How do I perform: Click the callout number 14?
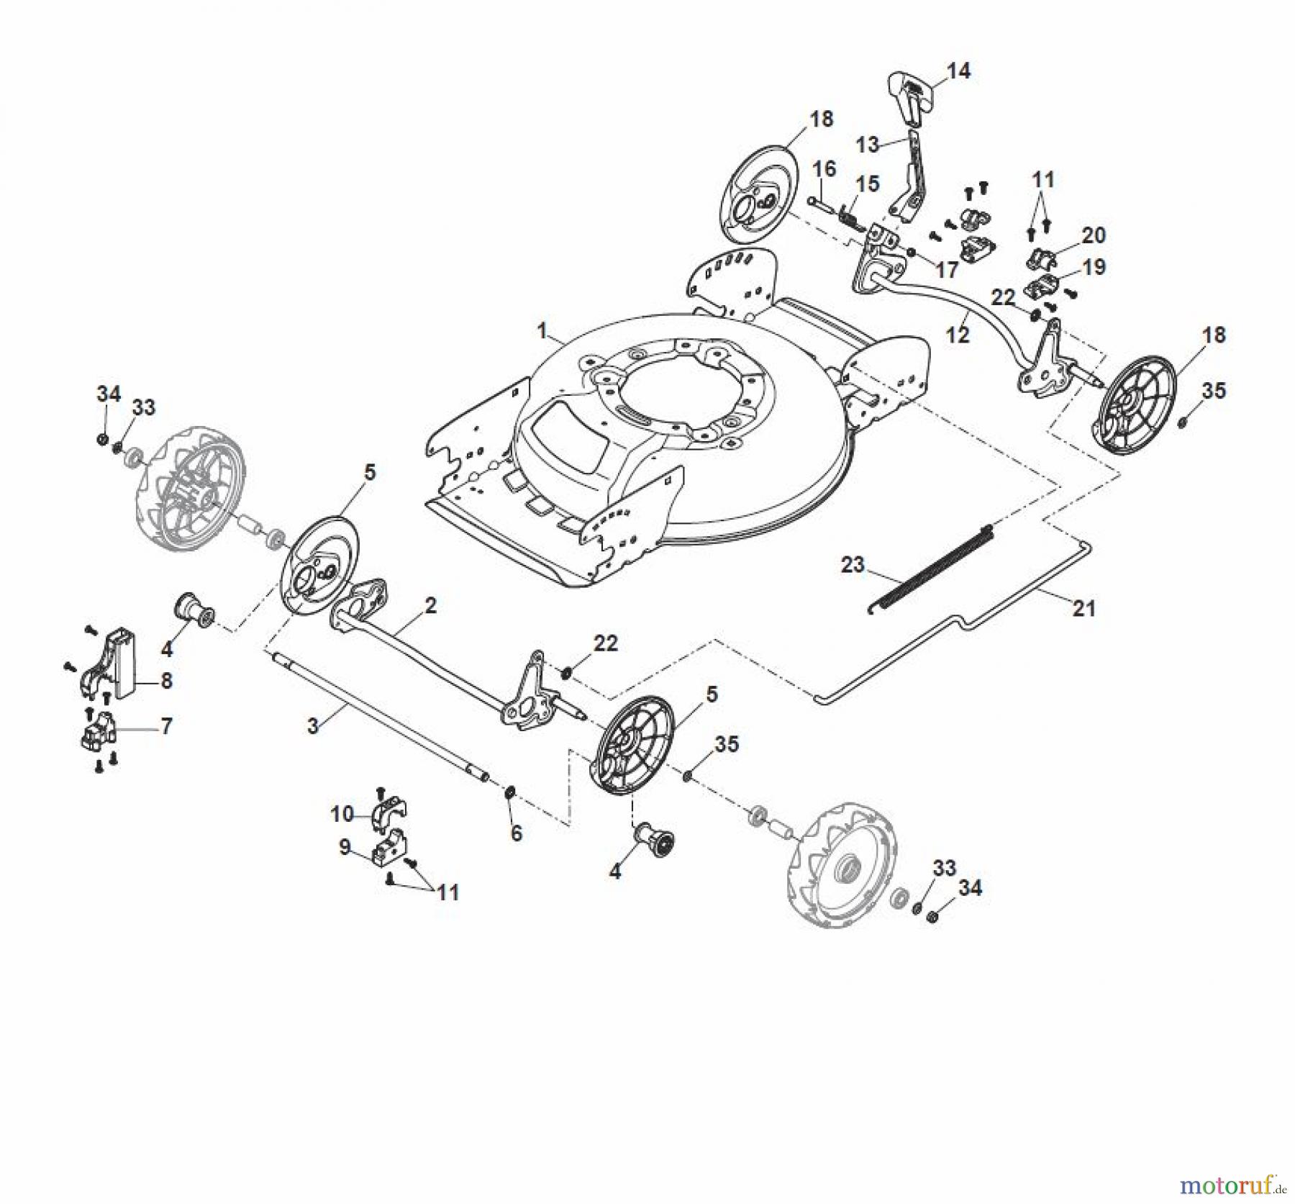[958, 71]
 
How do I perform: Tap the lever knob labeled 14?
[907, 95]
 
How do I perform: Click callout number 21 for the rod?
[1083, 609]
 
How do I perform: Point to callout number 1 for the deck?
[542, 331]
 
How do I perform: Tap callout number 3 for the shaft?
[312, 725]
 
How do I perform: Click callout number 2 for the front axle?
[430, 606]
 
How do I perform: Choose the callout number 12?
[958, 335]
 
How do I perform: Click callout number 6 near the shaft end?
[516, 833]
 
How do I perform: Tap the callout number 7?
[166, 726]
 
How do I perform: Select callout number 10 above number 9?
[342, 814]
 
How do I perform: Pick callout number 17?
[947, 270]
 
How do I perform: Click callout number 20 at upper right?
[1094, 235]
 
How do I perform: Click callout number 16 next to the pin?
[824, 168]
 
